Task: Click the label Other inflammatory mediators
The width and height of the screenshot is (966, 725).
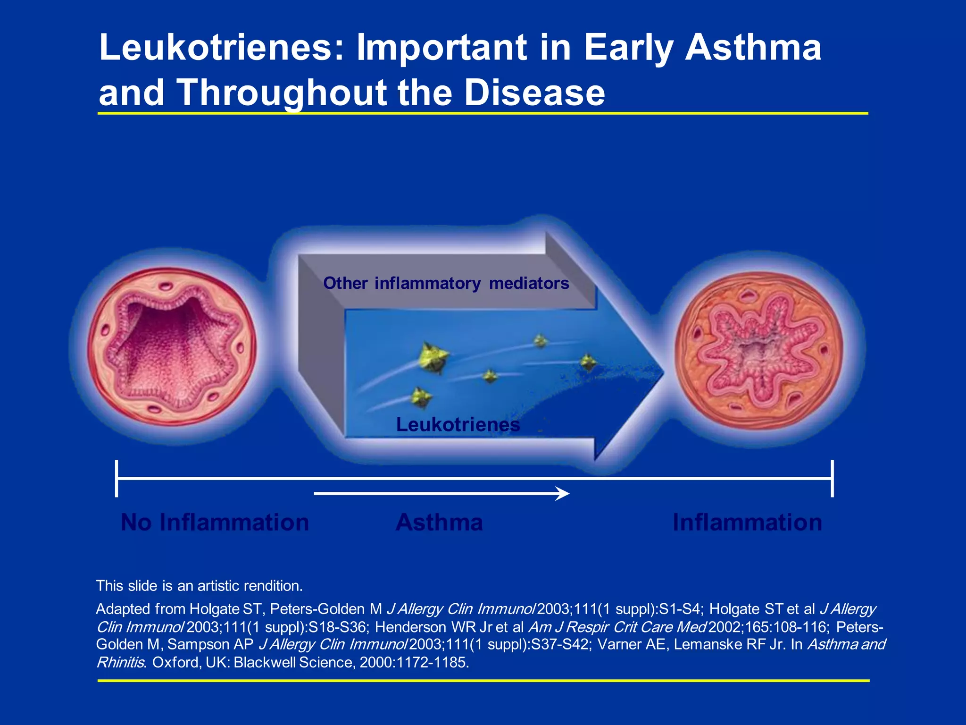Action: tap(446, 283)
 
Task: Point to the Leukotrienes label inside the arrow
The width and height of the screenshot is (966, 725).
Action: tap(458, 424)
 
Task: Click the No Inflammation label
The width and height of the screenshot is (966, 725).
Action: tap(215, 523)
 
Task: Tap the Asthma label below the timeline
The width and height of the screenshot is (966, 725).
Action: tap(439, 523)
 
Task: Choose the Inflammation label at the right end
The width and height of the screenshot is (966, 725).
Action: tap(747, 523)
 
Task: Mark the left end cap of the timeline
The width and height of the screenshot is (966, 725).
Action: tap(117, 478)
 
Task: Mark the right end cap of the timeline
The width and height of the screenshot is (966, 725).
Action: tap(832, 478)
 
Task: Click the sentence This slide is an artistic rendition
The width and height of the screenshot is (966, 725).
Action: tap(199, 586)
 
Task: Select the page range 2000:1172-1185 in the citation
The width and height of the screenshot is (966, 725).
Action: tap(414, 662)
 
